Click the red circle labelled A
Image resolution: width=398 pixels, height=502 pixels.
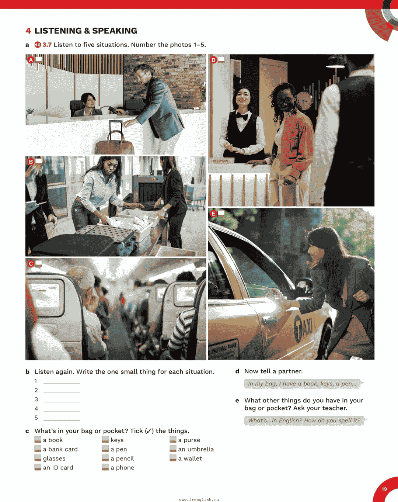click(31, 60)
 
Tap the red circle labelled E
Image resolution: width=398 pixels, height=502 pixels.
click(213, 214)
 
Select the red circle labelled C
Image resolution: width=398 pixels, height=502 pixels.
click(31, 264)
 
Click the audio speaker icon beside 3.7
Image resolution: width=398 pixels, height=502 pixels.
click(38, 45)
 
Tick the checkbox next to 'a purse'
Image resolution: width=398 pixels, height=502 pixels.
click(173, 440)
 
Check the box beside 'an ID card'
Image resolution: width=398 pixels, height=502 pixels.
click(38, 467)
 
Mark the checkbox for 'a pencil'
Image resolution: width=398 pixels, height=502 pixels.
click(105, 458)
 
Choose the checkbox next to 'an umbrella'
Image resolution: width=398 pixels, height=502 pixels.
click(173, 449)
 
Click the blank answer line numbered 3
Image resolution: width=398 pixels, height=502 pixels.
click(62, 402)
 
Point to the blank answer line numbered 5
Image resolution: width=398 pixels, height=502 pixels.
click(62, 420)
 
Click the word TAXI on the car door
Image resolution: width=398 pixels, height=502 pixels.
click(303, 328)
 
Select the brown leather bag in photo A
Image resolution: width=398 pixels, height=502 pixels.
click(115, 143)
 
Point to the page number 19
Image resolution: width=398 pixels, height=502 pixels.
click(384, 489)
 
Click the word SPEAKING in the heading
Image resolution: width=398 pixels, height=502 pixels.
click(115, 31)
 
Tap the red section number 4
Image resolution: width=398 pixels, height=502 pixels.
click(28, 31)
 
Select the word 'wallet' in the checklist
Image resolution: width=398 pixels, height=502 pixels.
click(193, 458)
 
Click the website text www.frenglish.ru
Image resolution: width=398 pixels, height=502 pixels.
click(199, 499)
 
